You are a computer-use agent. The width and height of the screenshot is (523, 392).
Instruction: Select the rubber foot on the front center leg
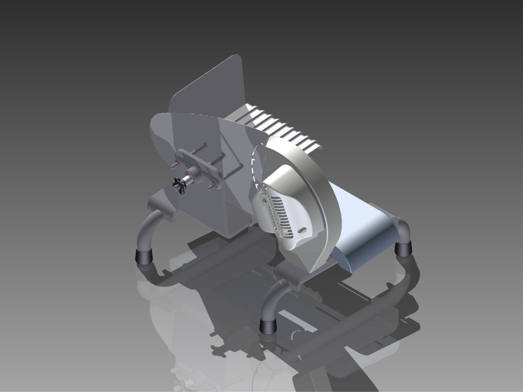click(268, 325)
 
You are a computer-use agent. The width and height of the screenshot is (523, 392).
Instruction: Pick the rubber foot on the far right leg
click(403, 249)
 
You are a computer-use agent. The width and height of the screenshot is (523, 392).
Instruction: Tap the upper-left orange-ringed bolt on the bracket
click(178, 162)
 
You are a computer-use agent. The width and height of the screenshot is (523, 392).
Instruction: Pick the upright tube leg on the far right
click(404, 233)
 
